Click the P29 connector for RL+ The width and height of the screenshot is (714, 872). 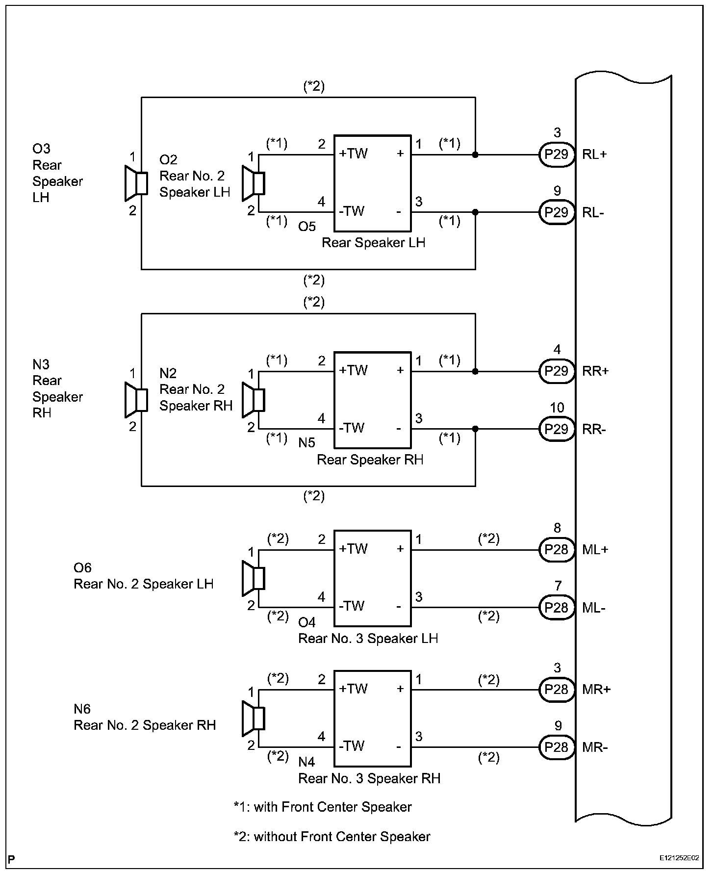tap(557, 154)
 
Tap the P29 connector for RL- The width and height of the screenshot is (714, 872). tap(557, 212)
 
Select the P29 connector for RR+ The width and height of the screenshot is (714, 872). tap(557, 371)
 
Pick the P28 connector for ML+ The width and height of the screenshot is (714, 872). tap(557, 550)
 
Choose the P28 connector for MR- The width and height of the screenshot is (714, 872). tap(557, 747)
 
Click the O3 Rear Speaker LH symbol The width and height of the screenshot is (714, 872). tap(136, 183)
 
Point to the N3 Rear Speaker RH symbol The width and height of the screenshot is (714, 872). tap(136, 400)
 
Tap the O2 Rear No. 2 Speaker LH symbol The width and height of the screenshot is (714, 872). tap(254, 183)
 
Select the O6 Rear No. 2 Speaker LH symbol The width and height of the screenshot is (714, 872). tap(254, 578)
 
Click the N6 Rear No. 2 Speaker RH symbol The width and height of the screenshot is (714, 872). tap(254, 718)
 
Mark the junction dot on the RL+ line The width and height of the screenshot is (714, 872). tap(475, 155)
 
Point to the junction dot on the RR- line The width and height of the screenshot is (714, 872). tap(475, 429)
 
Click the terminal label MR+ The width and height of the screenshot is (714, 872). tap(596, 690)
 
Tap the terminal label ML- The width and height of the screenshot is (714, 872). tap(594, 608)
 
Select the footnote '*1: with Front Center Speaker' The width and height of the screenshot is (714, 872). tap(323, 807)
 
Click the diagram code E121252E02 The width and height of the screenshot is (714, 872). tap(679, 858)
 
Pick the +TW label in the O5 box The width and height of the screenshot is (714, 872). tap(353, 154)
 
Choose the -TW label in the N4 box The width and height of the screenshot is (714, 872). tap(352, 746)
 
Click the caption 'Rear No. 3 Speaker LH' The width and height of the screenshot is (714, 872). tap(368, 639)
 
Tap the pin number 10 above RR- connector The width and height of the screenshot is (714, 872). tap(557, 408)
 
